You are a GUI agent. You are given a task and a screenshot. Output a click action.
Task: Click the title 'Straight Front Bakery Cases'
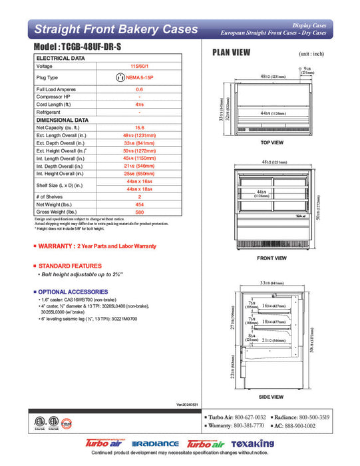pyautogui.click(x=115, y=29)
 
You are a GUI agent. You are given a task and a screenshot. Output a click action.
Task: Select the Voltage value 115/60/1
pyautogui.click(x=139, y=67)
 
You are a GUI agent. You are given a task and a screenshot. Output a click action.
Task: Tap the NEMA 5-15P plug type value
pyautogui.click(x=139, y=77)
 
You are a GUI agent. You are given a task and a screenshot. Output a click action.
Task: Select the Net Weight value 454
pyautogui.click(x=139, y=204)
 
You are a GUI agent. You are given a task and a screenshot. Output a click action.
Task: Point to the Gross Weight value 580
pyautogui.click(x=139, y=212)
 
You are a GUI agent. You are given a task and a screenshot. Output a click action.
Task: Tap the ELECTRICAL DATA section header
pyautogui.click(x=61, y=59)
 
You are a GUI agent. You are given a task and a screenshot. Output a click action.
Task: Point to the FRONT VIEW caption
pyautogui.click(x=271, y=258)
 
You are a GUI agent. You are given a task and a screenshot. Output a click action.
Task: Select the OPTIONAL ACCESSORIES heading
pyautogui.click(x=73, y=292)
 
